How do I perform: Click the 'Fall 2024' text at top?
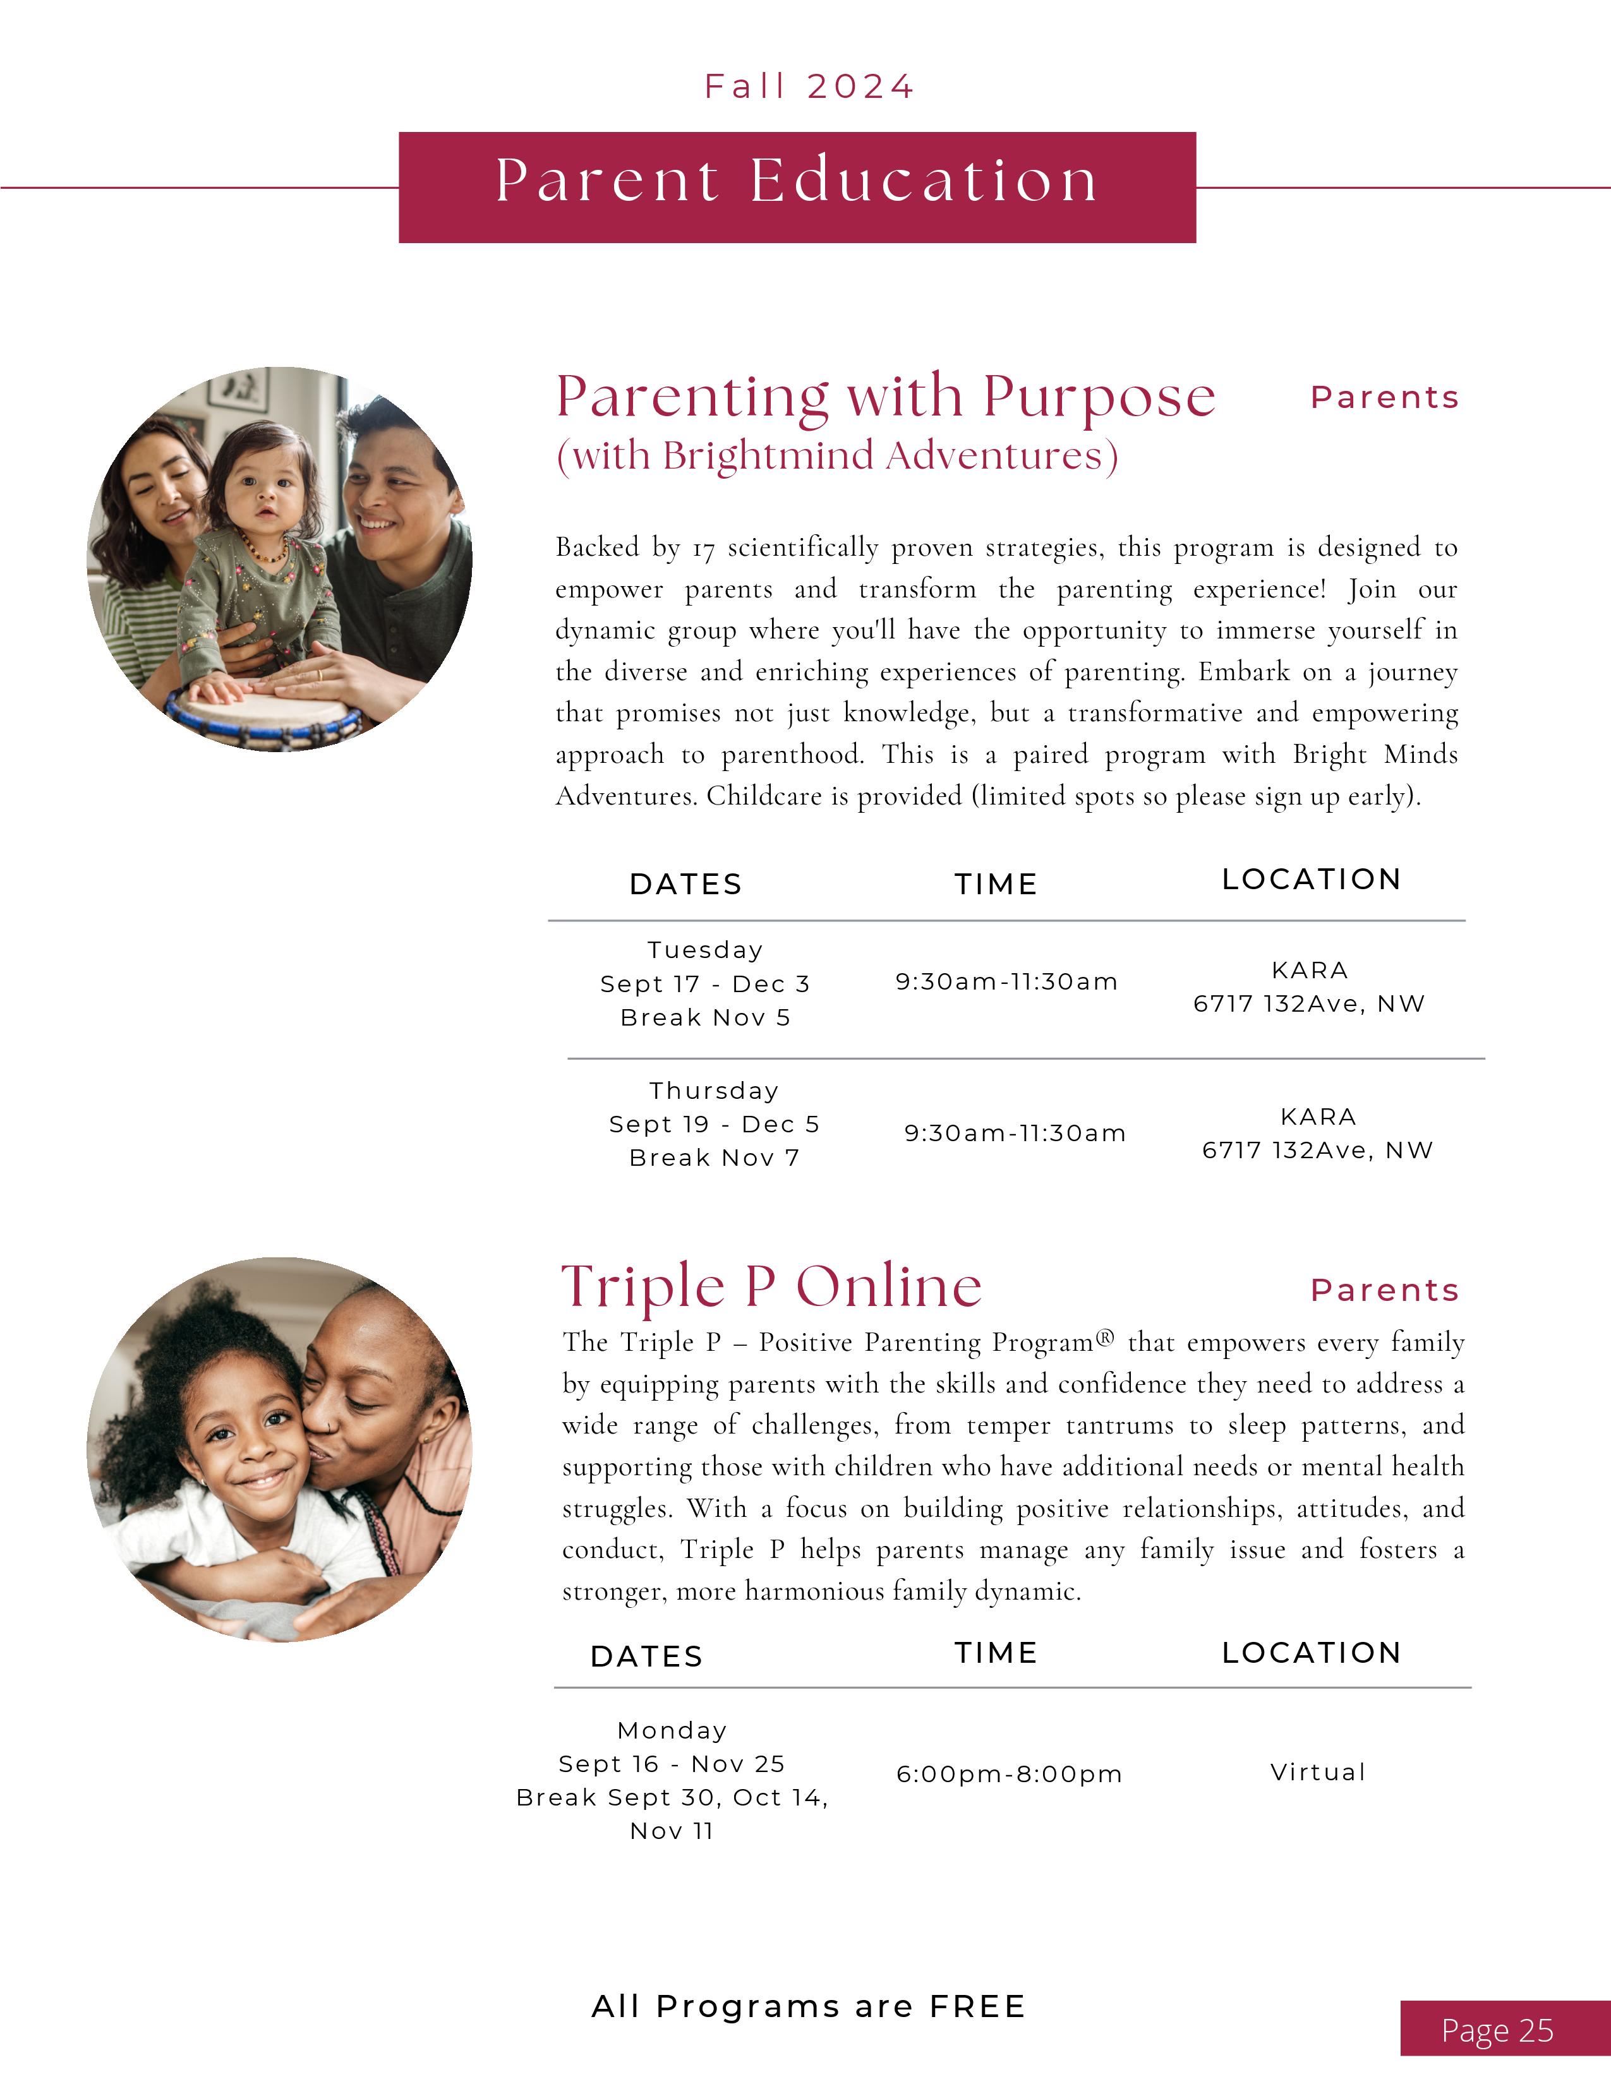(x=809, y=87)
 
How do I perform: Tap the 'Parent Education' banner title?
(x=797, y=181)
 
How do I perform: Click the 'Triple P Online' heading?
(x=771, y=1286)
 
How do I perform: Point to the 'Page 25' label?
(x=1497, y=2030)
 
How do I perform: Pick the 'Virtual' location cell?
(x=1317, y=1772)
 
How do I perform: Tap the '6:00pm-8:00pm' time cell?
(x=1009, y=1774)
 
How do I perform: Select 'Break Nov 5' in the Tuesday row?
(x=705, y=1017)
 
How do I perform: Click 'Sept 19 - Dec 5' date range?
(x=714, y=1124)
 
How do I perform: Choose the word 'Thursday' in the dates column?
(x=714, y=1091)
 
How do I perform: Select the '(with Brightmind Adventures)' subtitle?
(x=837, y=456)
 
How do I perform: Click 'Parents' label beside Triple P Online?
(x=1384, y=1290)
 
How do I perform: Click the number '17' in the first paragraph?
(x=703, y=549)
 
